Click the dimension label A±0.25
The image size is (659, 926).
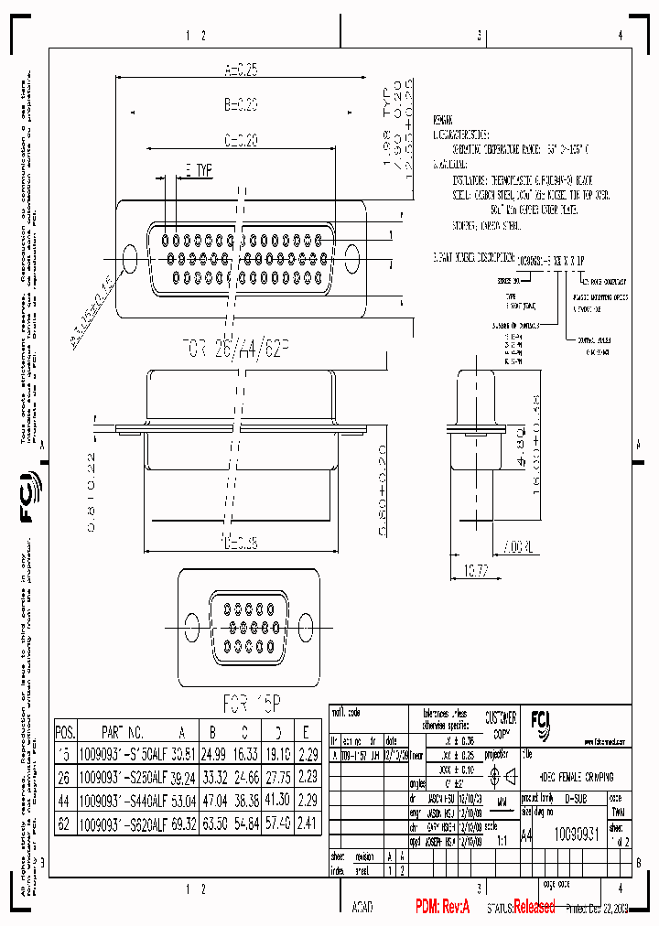coord(241,69)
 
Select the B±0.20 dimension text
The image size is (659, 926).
coord(241,104)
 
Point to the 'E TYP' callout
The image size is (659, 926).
coord(198,170)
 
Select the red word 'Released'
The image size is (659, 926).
coord(534,907)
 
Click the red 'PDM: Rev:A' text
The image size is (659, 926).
coord(442,907)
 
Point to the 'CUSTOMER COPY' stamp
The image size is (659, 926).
coord(500,725)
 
